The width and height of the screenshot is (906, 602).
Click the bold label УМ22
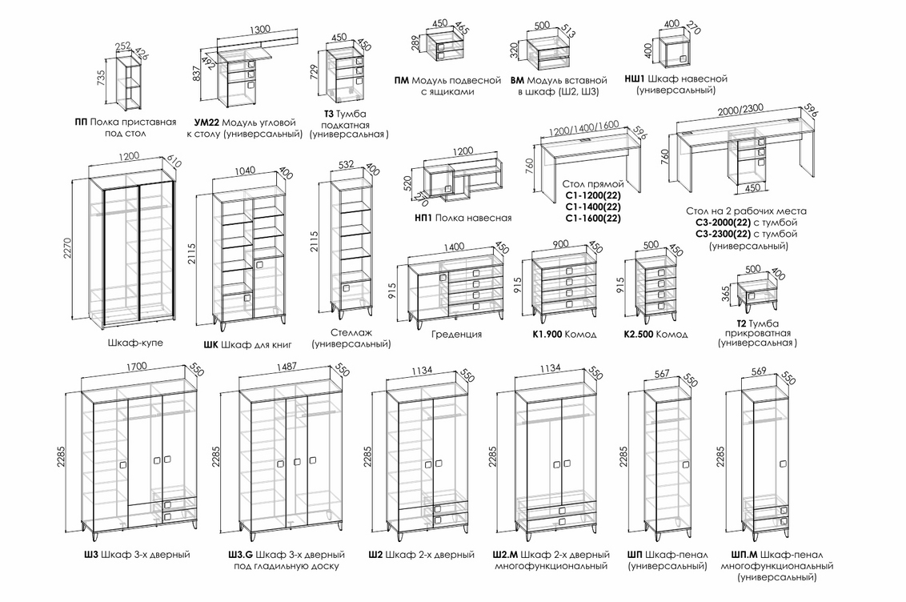[207, 123]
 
